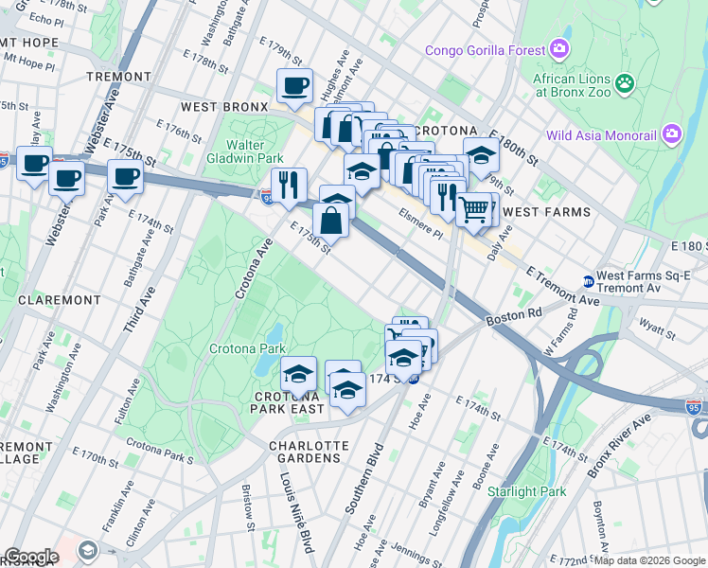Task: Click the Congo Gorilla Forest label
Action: (x=485, y=50)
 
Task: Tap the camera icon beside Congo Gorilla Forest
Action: (x=560, y=49)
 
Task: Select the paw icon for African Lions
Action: (x=625, y=85)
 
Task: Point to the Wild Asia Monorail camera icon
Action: (x=672, y=134)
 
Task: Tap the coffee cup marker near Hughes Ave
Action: (x=294, y=87)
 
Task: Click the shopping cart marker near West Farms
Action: (x=474, y=208)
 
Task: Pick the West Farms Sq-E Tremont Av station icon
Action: (x=589, y=281)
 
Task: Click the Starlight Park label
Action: (x=526, y=491)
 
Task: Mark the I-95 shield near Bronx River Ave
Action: (x=694, y=405)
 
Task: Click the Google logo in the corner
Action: (x=31, y=557)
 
